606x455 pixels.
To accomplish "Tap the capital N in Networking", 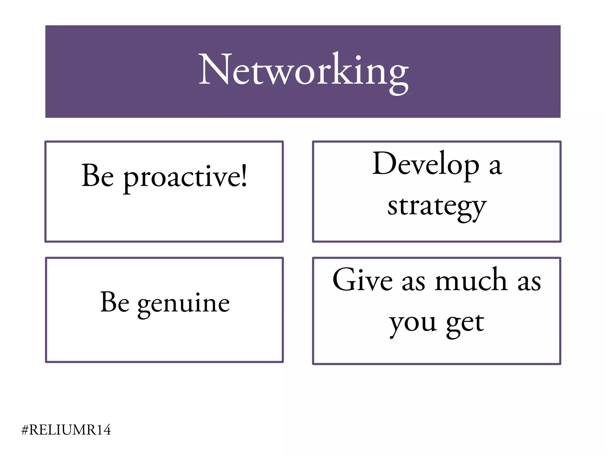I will (x=215, y=70).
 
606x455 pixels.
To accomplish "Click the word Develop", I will (x=426, y=164).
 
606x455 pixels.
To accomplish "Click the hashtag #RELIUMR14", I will (x=66, y=430).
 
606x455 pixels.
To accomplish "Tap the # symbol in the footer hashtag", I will (x=25, y=430).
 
